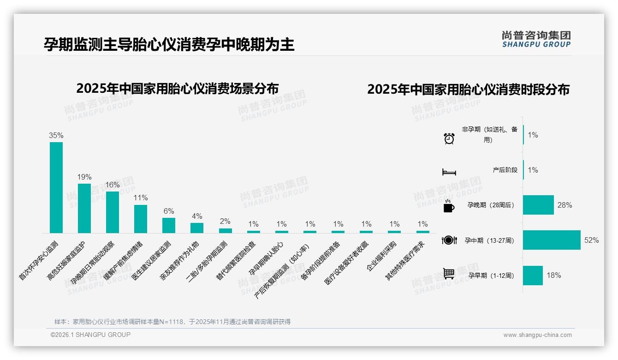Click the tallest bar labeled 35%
56,187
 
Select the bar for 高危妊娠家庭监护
84,208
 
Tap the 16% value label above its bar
113,185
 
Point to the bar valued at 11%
141,219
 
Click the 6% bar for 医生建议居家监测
169,225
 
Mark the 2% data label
225,222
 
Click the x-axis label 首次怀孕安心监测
39,260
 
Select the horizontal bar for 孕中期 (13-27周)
551,240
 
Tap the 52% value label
591,240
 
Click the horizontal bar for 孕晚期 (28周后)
538,205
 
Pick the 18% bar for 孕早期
533,275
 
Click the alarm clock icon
449,138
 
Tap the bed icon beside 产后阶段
449,172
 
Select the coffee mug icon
449,206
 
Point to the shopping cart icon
449,274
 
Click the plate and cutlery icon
449,240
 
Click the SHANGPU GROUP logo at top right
536,39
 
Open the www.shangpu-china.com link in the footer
537,335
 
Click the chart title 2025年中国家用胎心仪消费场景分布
178,89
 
